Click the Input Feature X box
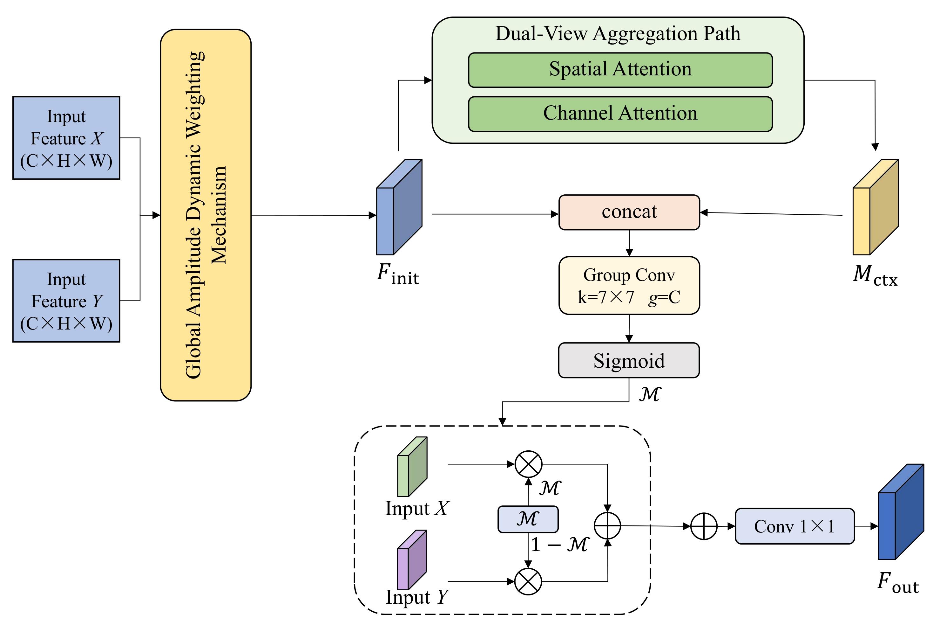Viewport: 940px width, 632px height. (x=66, y=138)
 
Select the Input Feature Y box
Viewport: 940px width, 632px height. (x=66, y=301)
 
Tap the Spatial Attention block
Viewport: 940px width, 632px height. (x=620, y=70)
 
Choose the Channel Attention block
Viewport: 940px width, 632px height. (x=620, y=114)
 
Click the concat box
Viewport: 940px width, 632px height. (x=629, y=212)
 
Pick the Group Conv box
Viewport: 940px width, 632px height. (x=629, y=285)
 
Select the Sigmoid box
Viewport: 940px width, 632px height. (x=628, y=360)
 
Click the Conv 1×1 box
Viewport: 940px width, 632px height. (x=794, y=526)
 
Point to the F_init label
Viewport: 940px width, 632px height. (x=398, y=275)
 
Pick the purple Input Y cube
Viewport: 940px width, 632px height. (x=411, y=560)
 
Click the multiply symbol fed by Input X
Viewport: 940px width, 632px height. (x=529, y=464)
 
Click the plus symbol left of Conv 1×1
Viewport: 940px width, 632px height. (x=704, y=526)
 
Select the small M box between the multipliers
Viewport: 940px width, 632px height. (x=528, y=519)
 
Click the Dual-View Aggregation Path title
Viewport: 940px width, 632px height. (x=618, y=33)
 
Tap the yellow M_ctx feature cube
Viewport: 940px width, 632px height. (x=875, y=208)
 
